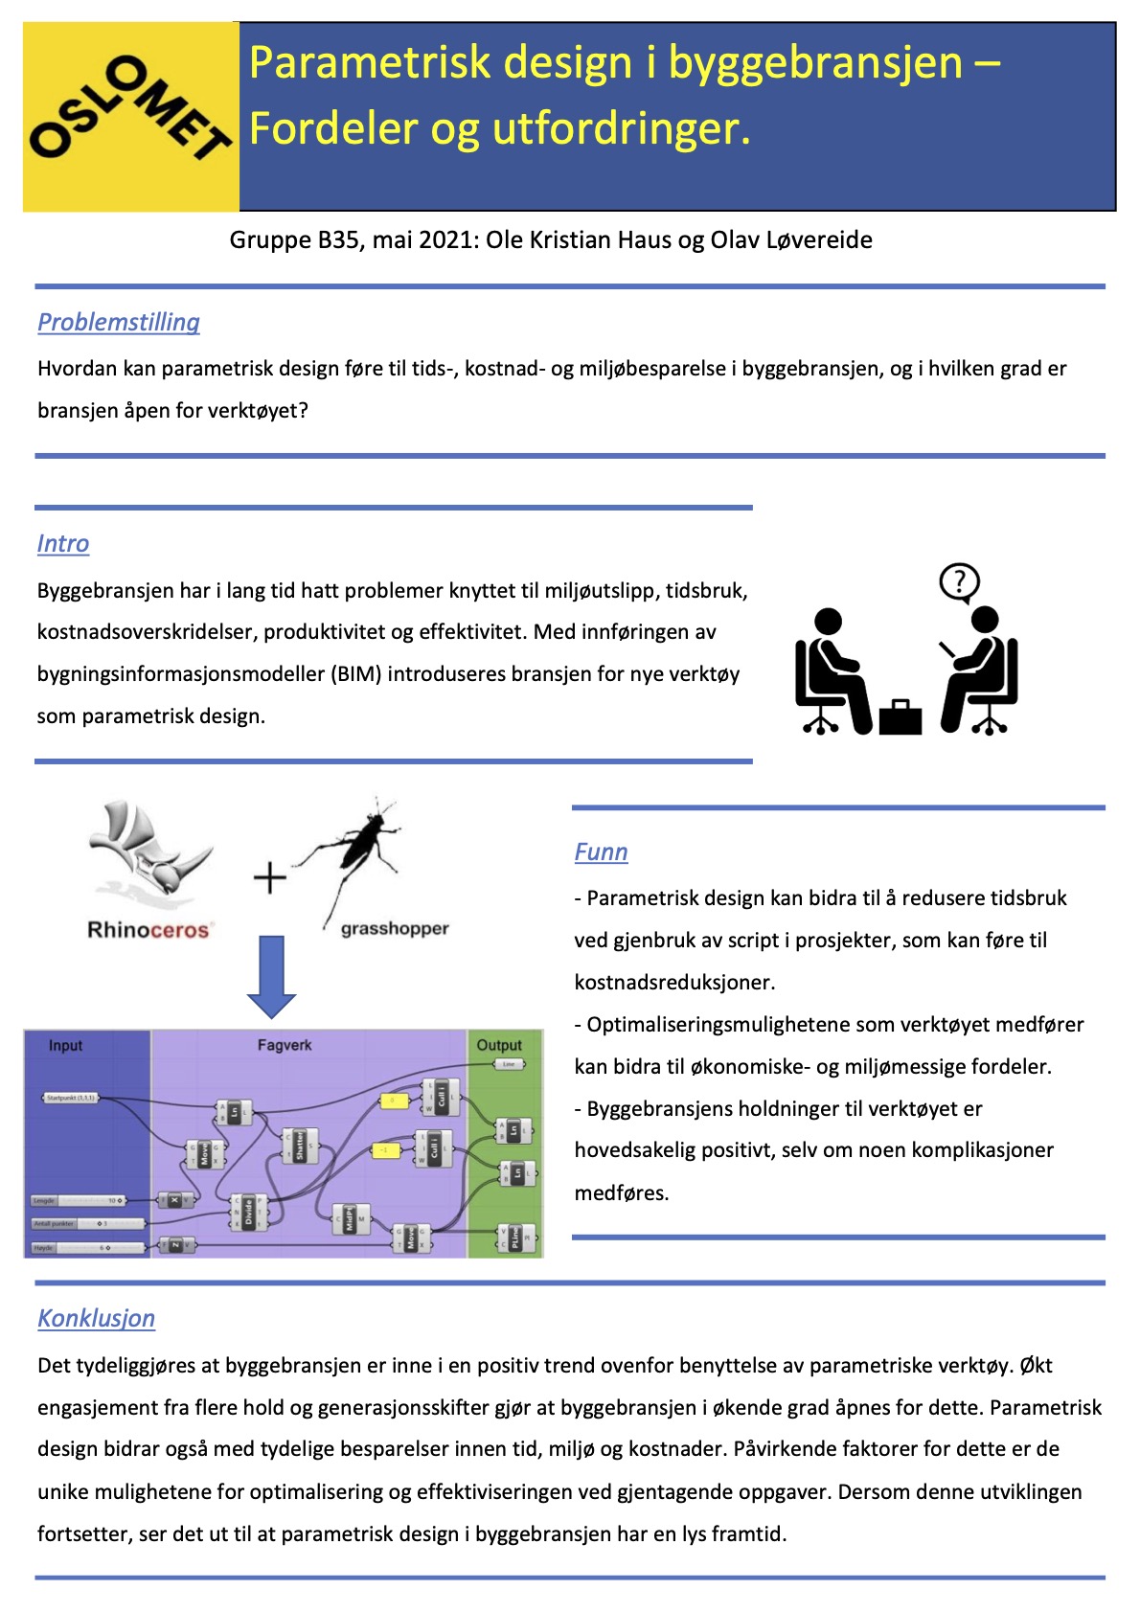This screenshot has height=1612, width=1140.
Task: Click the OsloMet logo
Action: tap(131, 116)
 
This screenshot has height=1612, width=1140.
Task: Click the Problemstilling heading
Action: tap(119, 322)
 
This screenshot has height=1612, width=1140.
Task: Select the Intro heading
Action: tap(63, 543)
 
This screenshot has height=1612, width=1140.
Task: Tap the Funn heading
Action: tap(601, 851)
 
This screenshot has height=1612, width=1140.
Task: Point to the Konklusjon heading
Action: tap(96, 1318)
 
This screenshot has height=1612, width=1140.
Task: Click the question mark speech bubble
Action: tap(959, 581)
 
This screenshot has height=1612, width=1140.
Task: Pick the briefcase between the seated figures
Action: tap(900, 716)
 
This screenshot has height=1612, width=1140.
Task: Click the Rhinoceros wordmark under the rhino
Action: tap(148, 930)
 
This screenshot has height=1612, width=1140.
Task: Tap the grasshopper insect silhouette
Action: tap(358, 842)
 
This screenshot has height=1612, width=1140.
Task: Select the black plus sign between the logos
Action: tap(270, 877)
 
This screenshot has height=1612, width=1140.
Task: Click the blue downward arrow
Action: tap(272, 976)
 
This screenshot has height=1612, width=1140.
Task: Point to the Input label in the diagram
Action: tap(65, 1045)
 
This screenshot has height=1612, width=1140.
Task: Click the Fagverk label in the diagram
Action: tap(285, 1045)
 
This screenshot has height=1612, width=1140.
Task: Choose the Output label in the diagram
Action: tap(499, 1045)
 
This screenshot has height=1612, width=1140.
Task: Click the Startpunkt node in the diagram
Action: tap(71, 1098)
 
